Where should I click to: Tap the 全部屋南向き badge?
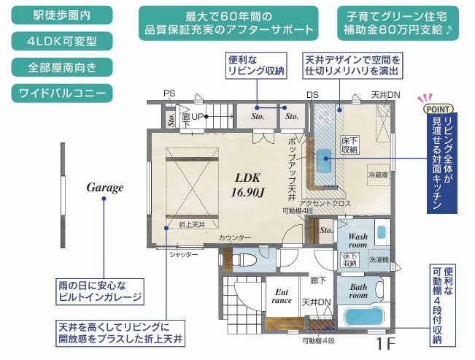(x=61, y=67)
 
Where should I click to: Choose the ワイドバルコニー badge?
(x=61, y=93)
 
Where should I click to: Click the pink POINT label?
(x=436, y=108)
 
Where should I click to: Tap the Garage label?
(x=105, y=188)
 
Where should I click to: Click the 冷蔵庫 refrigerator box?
(x=379, y=175)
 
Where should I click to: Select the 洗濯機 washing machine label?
(x=378, y=260)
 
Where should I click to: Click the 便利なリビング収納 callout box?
(x=255, y=65)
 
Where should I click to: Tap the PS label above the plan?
(x=169, y=93)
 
